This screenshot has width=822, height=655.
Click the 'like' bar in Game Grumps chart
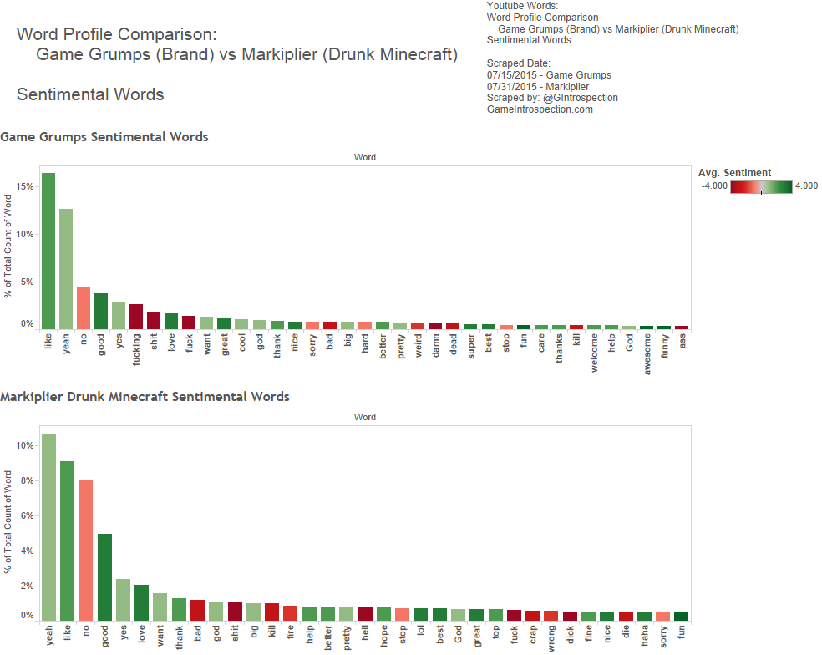tap(48, 251)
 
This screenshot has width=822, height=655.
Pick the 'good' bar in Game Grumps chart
tap(101, 311)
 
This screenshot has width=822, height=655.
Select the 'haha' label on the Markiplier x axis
tap(644, 637)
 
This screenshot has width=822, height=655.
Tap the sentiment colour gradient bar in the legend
tap(761, 187)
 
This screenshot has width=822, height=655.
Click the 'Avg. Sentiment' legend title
tap(734, 173)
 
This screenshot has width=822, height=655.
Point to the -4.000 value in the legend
tap(714, 186)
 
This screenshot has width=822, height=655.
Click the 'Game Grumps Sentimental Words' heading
tap(104, 136)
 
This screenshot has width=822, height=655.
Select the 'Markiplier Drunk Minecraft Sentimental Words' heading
tap(145, 396)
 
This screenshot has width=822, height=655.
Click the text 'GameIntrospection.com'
tap(540, 109)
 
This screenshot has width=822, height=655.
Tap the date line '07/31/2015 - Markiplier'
tap(537, 87)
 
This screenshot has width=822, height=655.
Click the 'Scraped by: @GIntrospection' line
tap(552, 98)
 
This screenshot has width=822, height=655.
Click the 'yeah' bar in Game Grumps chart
tap(66, 268)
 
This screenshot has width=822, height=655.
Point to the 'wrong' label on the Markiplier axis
tap(551, 637)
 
